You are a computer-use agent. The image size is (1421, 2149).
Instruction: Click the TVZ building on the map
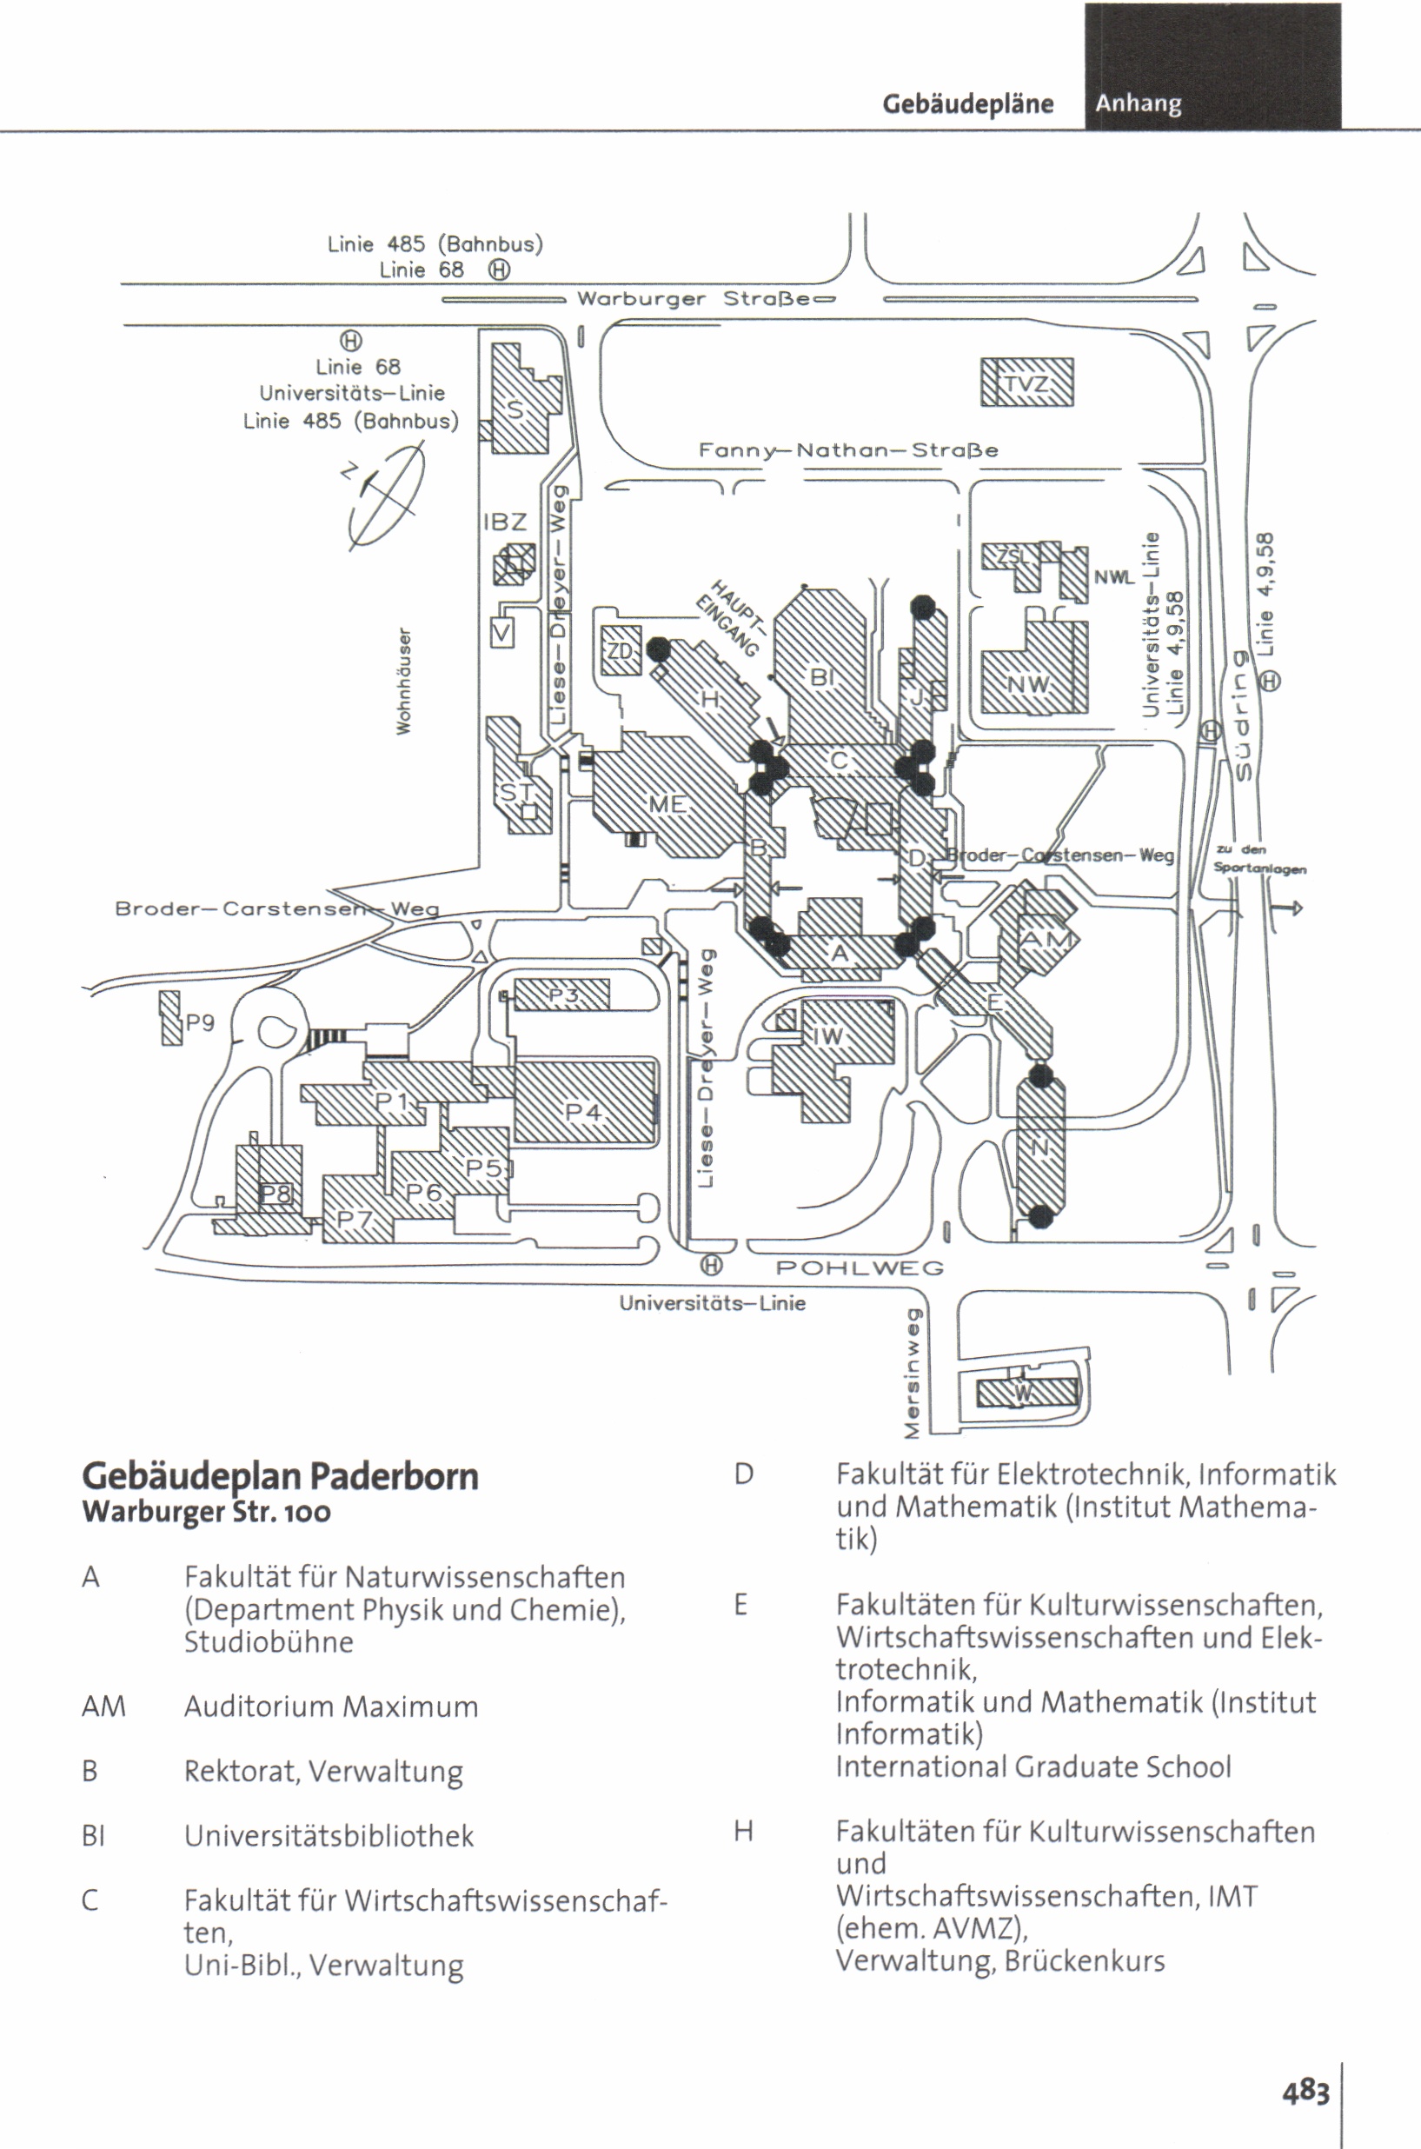point(1026,383)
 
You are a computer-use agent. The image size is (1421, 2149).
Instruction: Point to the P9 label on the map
point(200,1023)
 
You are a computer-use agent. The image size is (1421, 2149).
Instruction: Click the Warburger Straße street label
point(694,299)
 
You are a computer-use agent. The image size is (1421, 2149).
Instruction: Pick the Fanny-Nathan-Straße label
point(848,450)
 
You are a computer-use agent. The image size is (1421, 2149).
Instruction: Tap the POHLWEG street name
point(860,1268)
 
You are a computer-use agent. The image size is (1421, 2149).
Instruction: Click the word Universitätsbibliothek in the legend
point(329,1836)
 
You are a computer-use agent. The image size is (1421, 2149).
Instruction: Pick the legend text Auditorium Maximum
point(331,1707)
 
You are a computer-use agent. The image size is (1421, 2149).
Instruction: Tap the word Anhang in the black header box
point(1139,104)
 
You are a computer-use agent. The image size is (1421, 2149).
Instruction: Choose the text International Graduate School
point(1033,1767)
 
